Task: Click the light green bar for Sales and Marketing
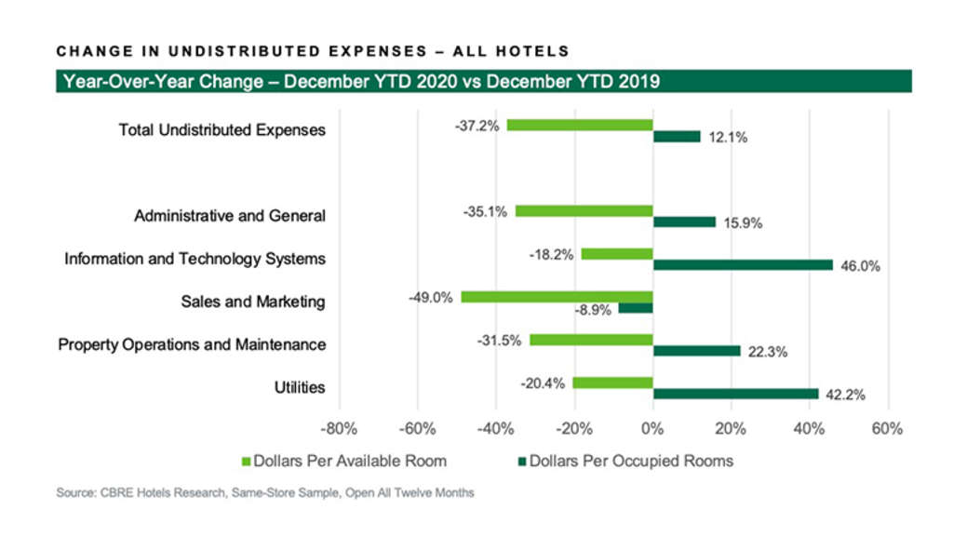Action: click(x=557, y=297)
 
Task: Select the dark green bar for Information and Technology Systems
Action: click(x=743, y=265)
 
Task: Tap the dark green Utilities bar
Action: click(x=735, y=394)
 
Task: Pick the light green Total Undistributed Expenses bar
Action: click(x=580, y=125)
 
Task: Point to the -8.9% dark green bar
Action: click(x=636, y=308)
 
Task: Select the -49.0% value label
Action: click(x=431, y=298)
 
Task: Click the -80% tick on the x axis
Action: click(x=338, y=429)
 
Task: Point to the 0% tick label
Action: click(x=652, y=429)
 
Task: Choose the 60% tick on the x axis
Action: click(x=887, y=429)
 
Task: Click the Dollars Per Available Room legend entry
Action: click(x=344, y=461)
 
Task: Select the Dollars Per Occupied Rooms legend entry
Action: click(x=625, y=461)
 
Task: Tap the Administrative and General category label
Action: click(x=230, y=216)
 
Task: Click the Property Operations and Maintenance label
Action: click(x=192, y=344)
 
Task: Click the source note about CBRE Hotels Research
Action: click(x=264, y=493)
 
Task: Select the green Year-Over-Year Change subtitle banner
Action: click(x=483, y=81)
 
